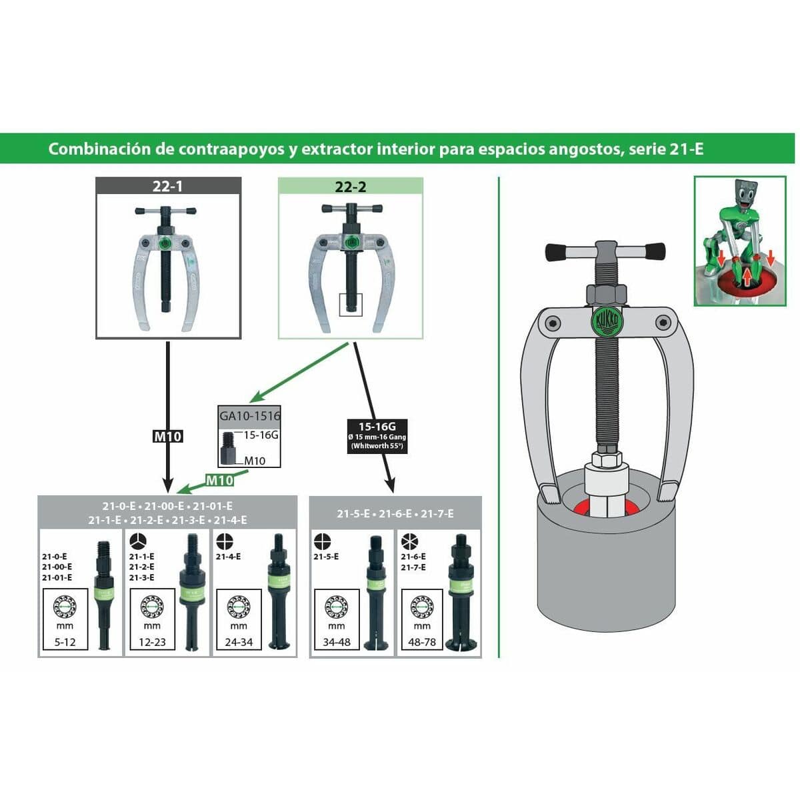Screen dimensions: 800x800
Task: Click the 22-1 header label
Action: (167, 186)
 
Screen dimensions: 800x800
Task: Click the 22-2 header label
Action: (350, 186)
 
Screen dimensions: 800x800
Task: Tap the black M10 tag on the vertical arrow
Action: (167, 436)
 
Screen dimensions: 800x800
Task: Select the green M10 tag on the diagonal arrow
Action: (219, 480)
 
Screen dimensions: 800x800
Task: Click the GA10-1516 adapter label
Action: (250, 415)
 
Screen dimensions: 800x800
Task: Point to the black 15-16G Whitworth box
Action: (377, 436)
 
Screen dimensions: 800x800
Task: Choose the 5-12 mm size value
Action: (65, 643)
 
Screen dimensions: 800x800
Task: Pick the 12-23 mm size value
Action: (152, 643)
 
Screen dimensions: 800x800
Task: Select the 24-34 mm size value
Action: (239, 643)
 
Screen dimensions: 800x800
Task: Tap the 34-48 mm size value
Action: (337, 643)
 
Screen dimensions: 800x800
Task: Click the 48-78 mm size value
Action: (422, 643)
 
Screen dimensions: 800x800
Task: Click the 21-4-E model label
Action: (228, 556)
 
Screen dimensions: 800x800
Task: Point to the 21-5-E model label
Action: (326, 556)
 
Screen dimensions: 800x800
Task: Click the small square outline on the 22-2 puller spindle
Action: (350, 304)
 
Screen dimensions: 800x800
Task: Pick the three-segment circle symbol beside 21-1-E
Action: (137, 541)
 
